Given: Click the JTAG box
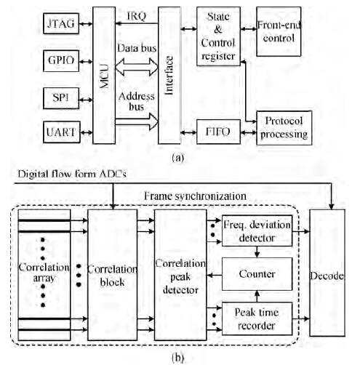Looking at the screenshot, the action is tap(61, 23).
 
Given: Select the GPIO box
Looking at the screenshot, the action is tap(61, 61).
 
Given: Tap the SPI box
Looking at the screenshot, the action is tap(61, 98).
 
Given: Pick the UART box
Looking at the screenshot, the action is tap(62, 132).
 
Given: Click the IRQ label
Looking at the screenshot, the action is tap(137, 16).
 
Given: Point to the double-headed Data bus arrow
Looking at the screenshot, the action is tap(137, 67).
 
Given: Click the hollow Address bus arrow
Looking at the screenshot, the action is tap(137, 121).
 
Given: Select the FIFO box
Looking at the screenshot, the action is tap(218, 132).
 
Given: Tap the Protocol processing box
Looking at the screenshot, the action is tap(284, 128).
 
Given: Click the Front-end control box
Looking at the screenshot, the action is tap(279, 31).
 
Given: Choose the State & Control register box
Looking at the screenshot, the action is tap(218, 36).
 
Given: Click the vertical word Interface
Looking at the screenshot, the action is tap(169, 76).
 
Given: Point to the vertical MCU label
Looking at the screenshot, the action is tap(104, 76).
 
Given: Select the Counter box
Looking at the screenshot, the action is tap(257, 274).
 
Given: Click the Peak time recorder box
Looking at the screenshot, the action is tap(257, 318).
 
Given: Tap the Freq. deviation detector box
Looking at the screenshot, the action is tap(257, 230).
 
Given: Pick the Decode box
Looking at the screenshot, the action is tap(327, 273).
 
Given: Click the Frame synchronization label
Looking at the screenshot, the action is tap(195, 196).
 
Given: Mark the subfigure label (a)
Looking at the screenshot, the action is tap(178, 158).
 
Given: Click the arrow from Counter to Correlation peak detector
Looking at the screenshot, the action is tap(215, 275).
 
